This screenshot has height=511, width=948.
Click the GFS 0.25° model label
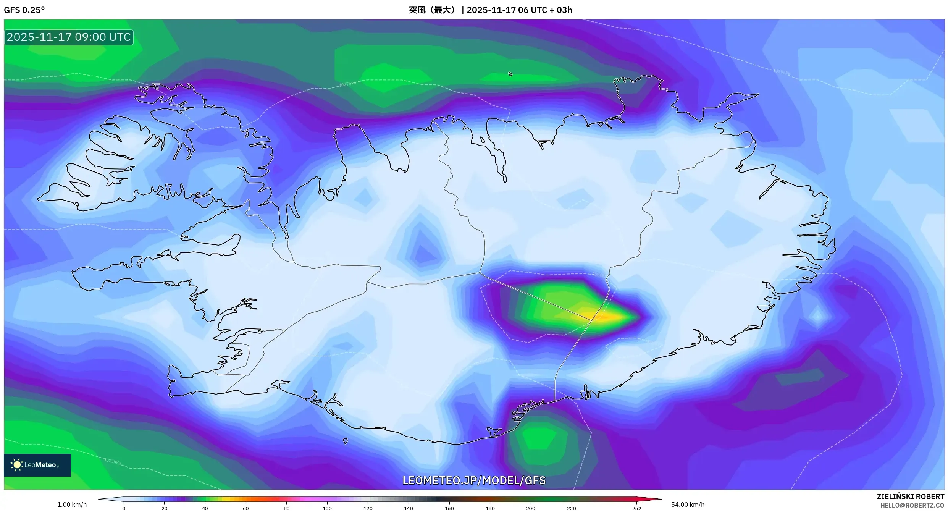pyautogui.click(x=24, y=10)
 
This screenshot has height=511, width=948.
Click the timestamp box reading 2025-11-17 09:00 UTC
pyautogui.click(x=69, y=37)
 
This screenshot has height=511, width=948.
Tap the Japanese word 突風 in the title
pyautogui.click(x=417, y=10)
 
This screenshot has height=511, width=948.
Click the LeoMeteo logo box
pyautogui.click(x=37, y=465)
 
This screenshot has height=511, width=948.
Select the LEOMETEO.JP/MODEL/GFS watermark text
pyautogui.click(x=474, y=480)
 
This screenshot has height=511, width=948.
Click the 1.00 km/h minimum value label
pyautogui.click(x=72, y=505)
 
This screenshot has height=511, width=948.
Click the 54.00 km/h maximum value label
pyautogui.click(x=688, y=505)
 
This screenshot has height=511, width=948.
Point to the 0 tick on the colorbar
pyautogui.click(x=124, y=508)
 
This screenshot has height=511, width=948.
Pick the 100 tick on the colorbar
pyautogui.click(x=327, y=508)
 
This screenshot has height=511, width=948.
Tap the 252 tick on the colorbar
pyautogui.click(x=636, y=508)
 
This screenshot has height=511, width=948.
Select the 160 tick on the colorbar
pyautogui.click(x=449, y=508)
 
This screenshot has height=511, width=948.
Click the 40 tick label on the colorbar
pyautogui.click(x=205, y=508)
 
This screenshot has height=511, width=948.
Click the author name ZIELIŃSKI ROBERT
pyautogui.click(x=910, y=496)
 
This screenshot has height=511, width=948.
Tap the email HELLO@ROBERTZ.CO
pyautogui.click(x=912, y=506)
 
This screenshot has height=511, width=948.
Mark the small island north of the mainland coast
pyautogui.click(x=510, y=74)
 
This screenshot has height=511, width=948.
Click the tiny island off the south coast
pyautogui.click(x=346, y=441)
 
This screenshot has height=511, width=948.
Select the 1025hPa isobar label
pyautogui.click(x=112, y=461)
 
